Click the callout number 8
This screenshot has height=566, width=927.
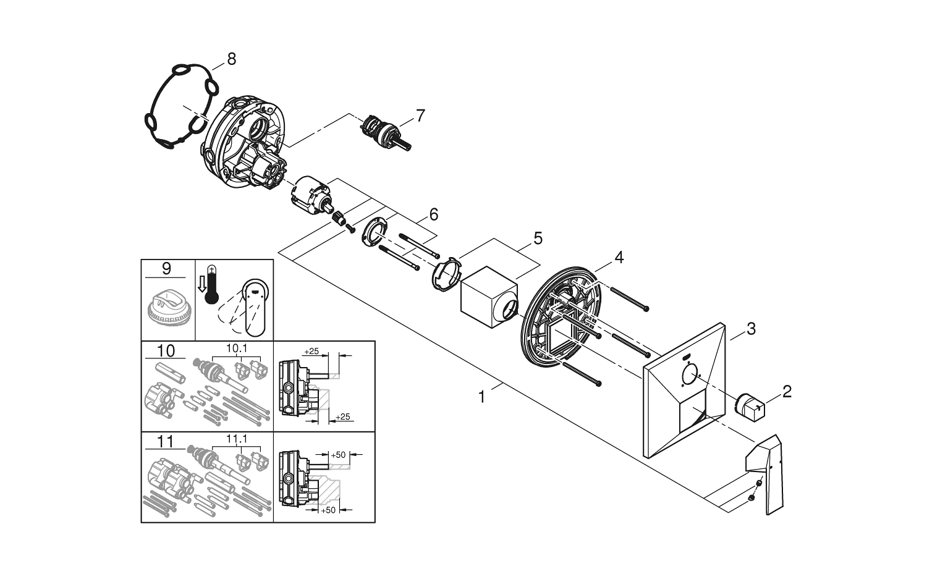tap(231, 59)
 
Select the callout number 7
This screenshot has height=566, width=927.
tap(420, 115)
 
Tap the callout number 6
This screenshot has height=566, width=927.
tap(433, 214)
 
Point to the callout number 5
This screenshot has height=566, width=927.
tap(538, 237)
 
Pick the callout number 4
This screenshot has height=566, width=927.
tap(619, 257)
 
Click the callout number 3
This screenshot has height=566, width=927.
tap(750, 329)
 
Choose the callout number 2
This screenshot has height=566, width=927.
tap(786, 391)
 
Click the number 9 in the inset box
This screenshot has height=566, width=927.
tap(166, 269)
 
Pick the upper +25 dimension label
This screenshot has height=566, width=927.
tap(311, 351)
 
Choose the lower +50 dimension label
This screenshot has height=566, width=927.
tap(328, 510)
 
